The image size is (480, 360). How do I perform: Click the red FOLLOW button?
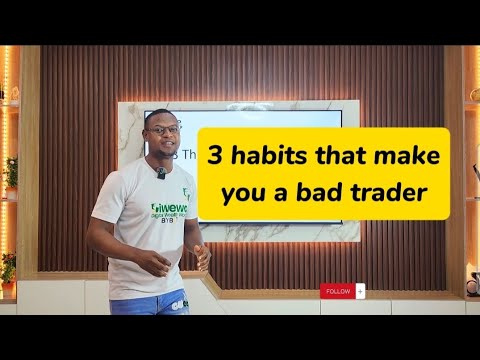click(337, 291)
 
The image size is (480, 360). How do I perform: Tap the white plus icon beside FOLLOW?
click(360, 291)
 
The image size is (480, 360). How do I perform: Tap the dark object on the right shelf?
click(472, 284)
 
